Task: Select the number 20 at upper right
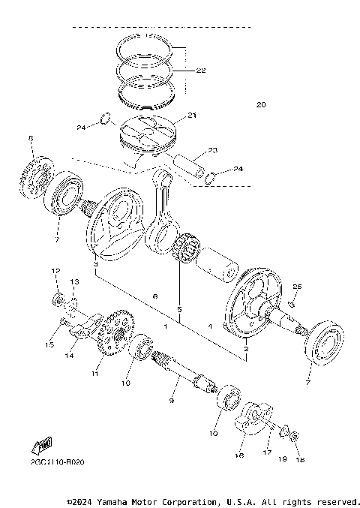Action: pos(261,104)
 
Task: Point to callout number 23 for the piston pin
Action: pos(212,151)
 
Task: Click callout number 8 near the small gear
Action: pos(31,138)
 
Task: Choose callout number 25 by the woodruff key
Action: pos(296,287)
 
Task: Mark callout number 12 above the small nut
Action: pos(55,270)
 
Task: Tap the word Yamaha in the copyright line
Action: pos(124,501)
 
